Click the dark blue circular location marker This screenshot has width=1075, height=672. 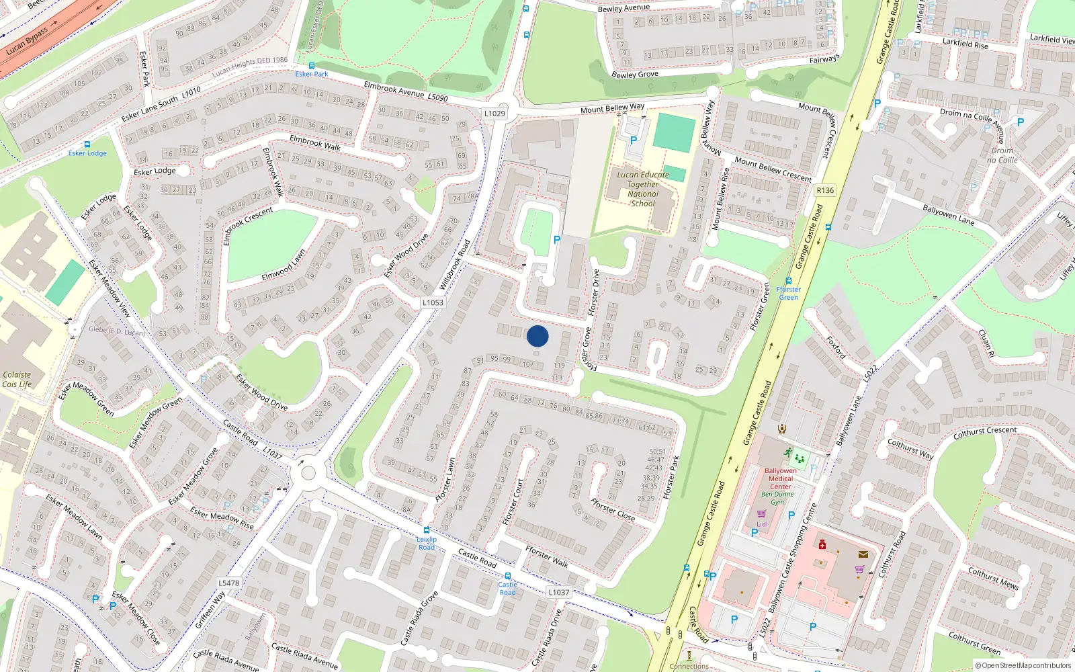pyautogui.click(x=537, y=336)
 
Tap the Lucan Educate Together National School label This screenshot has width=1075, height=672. pyautogui.click(x=643, y=189)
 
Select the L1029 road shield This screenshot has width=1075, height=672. pyautogui.click(x=494, y=114)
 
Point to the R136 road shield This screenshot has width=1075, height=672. pyautogui.click(x=825, y=190)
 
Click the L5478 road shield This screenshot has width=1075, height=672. pyautogui.click(x=229, y=583)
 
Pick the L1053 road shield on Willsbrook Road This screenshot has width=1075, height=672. pyautogui.click(x=433, y=302)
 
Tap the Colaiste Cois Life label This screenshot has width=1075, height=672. pyautogui.click(x=17, y=380)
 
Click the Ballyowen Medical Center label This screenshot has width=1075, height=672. pyautogui.click(x=781, y=478)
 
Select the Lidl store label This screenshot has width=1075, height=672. pyautogui.click(x=762, y=524)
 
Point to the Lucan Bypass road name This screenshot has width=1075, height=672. pyautogui.click(x=27, y=42)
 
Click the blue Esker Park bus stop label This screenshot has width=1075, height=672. pyautogui.click(x=312, y=74)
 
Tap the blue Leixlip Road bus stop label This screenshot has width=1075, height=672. pyautogui.click(x=427, y=543)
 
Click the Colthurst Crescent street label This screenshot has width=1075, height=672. pyautogui.click(x=985, y=433)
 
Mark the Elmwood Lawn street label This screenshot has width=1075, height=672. pyautogui.click(x=284, y=265)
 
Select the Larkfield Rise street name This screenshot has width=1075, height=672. pyautogui.click(x=965, y=43)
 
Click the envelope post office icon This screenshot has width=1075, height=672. pyautogui.click(x=863, y=554)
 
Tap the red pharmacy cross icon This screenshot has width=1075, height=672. pyautogui.click(x=822, y=546)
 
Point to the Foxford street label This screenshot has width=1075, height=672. pyautogui.click(x=836, y=347)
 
